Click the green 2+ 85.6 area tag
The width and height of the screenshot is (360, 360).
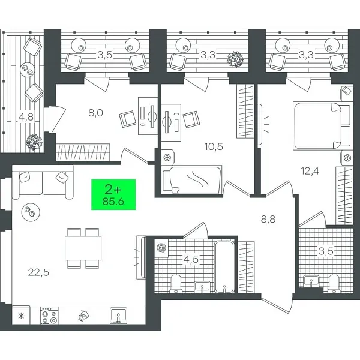pyautogui.click(x=113, y=194)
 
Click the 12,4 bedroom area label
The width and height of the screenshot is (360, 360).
pyautogui.click(x=310, y=170)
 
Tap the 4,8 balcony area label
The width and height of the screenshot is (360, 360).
pyautogui.click(x=26, y=117)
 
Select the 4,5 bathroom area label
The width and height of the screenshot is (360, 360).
pyautogui.click(x=191, y=260)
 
